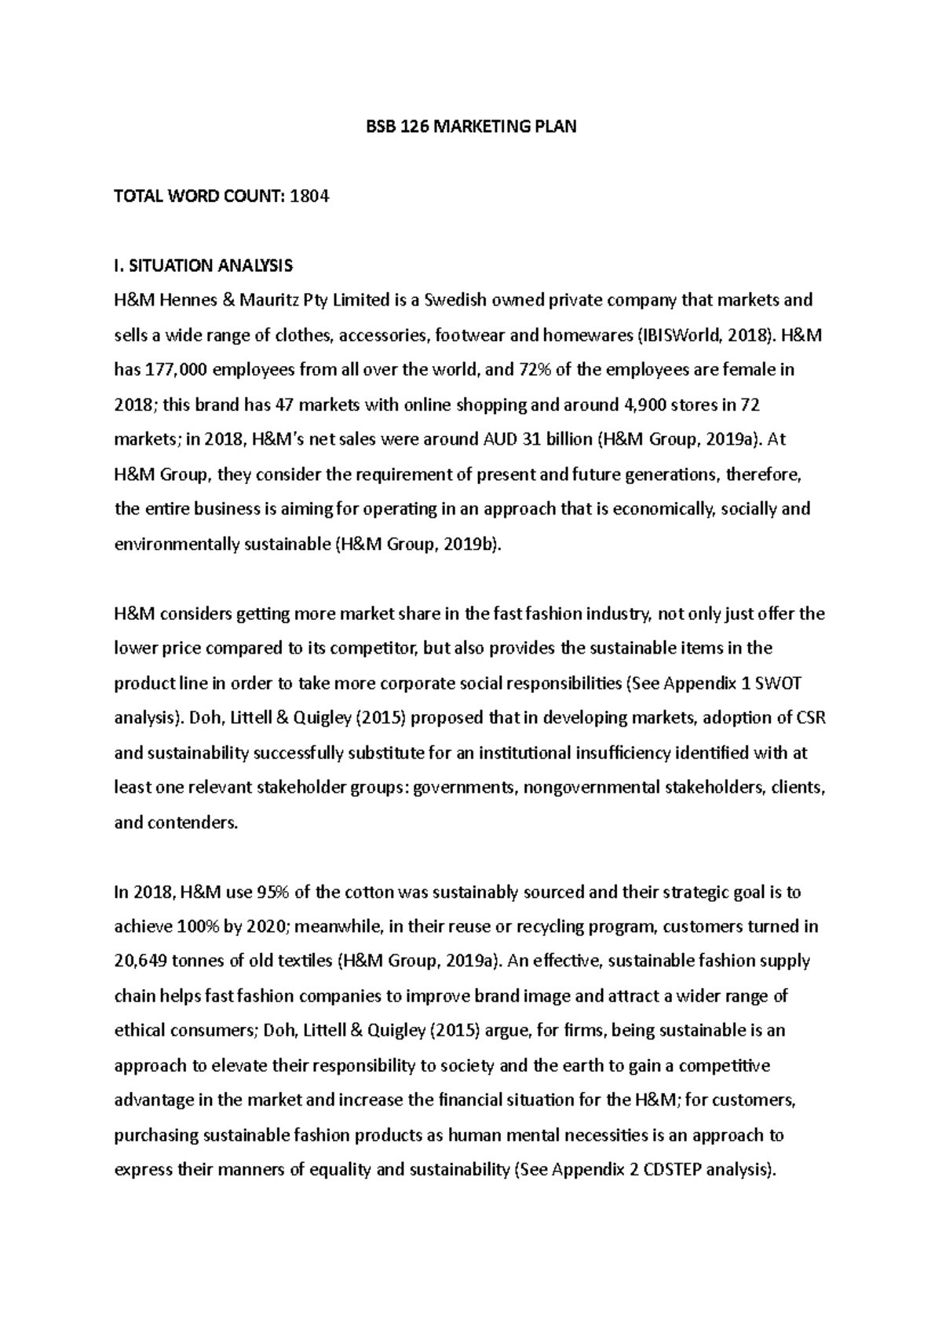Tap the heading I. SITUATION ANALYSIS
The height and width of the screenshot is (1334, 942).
pos(203,266)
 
